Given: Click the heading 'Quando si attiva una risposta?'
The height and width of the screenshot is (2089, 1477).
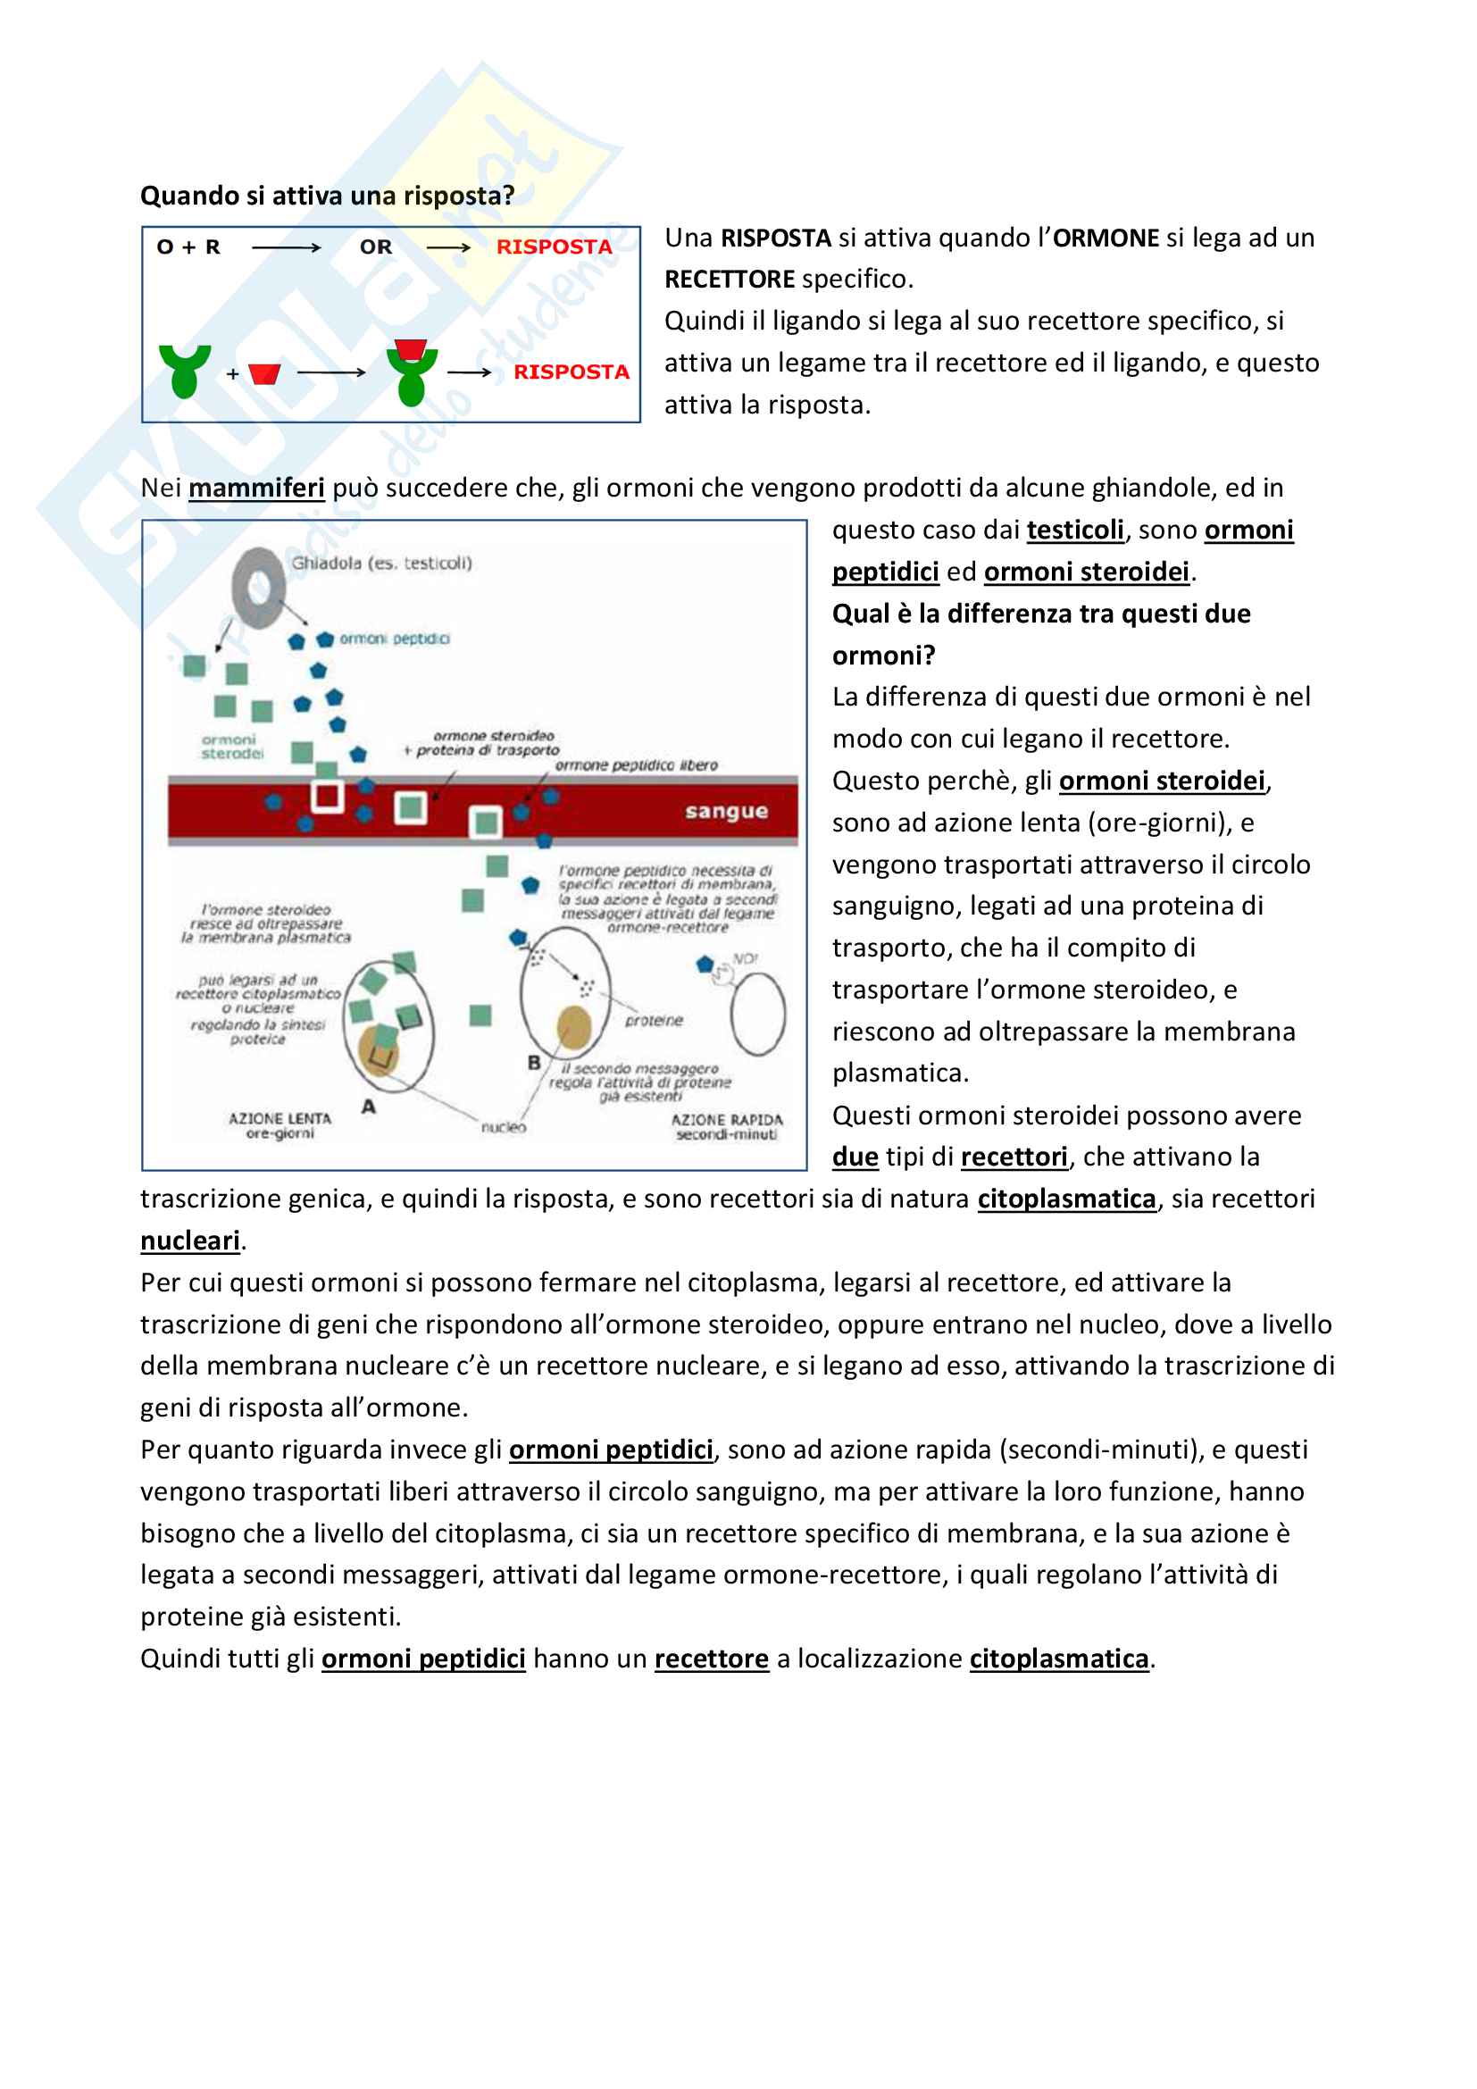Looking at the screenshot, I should [328, 196].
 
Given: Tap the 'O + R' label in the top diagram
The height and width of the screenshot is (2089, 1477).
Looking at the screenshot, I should [188, 247].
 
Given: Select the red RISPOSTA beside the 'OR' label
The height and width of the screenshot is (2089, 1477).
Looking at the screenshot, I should [554, 247].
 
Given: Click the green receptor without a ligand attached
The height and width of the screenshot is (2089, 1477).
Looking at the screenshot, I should [185, 370].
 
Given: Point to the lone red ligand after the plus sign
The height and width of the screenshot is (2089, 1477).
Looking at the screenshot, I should [264, 374].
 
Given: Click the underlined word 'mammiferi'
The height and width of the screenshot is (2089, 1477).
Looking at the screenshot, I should [256, 488].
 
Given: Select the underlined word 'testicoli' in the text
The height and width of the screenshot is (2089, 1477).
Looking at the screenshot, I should [1075, 530].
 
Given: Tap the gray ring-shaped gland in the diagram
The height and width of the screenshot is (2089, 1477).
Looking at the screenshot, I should [258, 587].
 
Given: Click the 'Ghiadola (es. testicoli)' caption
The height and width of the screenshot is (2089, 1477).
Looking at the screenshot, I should [381, 564].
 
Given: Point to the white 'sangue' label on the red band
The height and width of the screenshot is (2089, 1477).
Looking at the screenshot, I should [726, 811].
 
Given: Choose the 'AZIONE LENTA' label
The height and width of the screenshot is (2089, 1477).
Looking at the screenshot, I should [280, 1118].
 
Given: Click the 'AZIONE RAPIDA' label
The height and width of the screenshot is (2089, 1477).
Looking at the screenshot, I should [727, 1119].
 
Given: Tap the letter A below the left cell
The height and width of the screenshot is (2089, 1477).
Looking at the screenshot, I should [368, 1107].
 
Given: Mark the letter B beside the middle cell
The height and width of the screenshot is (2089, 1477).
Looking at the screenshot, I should [534, 1063].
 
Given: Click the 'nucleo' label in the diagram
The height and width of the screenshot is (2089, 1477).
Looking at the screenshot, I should [503, 1127].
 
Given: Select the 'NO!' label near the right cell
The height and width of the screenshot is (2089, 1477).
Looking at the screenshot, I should [745, 958].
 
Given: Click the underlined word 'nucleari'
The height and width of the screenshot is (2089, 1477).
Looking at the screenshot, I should [190, 1241].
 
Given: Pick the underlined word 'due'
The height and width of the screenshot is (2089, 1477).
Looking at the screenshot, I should [855, 1157].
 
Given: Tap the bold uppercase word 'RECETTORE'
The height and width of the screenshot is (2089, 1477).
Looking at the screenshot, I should [730, 280].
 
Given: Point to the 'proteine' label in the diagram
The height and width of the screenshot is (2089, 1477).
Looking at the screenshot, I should [654, 1021].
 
